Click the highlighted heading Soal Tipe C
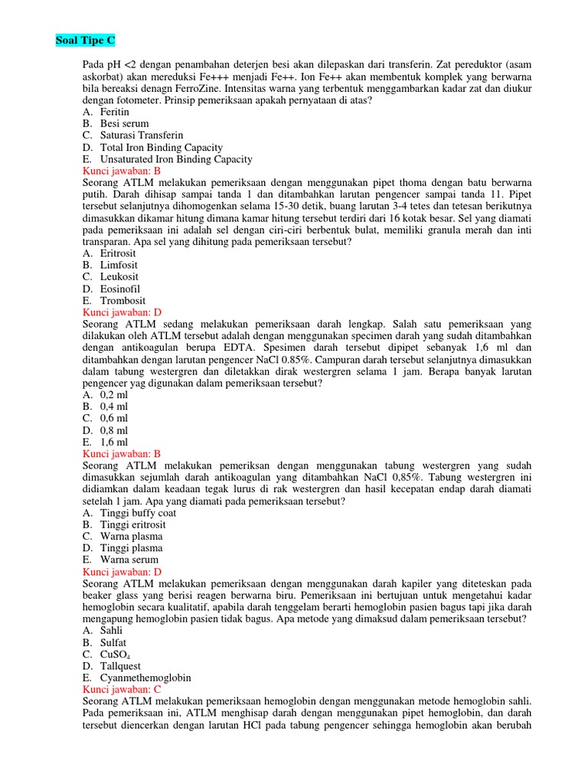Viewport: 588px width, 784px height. (86, 40)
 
